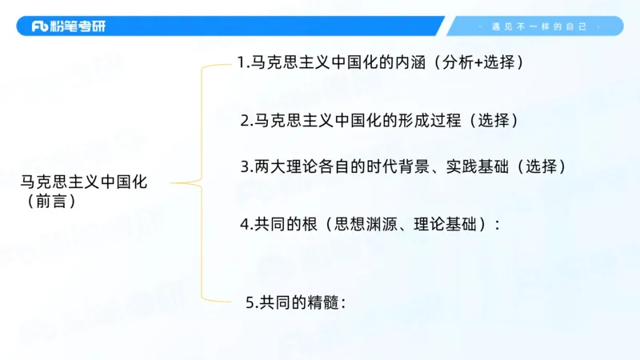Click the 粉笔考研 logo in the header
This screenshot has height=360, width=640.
point(68,26)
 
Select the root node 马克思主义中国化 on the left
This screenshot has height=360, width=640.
point(84,182)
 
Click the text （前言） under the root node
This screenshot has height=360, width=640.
point(50,202)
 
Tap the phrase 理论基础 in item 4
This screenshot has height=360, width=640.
point(449,225)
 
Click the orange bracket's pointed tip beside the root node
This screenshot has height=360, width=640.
point(173,183)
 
